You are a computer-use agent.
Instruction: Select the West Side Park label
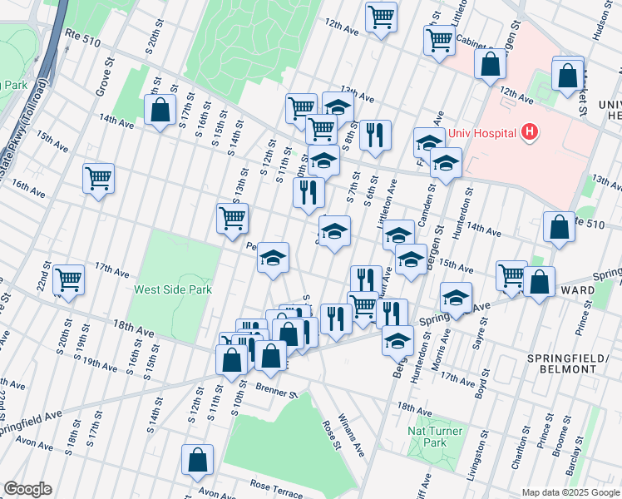[x=174, y=289]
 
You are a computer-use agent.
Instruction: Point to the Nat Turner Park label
[x=435, y=437]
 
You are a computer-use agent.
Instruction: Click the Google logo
[x=27, y=488]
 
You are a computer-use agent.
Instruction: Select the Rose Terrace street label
[x=276, y=487]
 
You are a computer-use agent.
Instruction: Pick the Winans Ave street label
[x=351, y=437]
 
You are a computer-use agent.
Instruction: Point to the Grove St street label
[x=103, y=77]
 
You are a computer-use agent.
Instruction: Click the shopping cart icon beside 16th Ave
[x=99, y=178]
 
